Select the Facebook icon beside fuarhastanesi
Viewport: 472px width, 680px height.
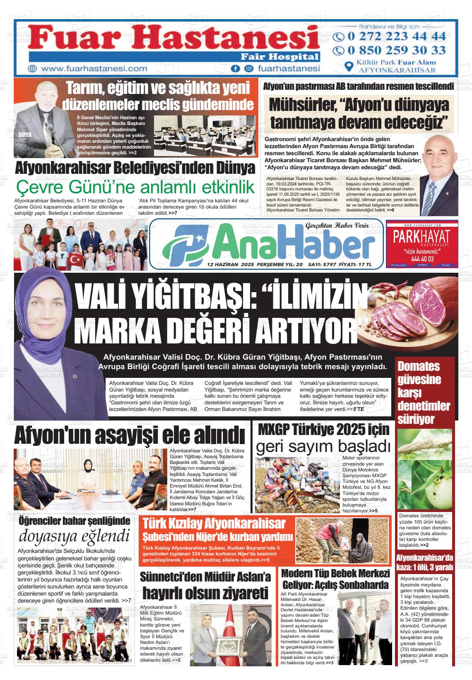pos(235,69)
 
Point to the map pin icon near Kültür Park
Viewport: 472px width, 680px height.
pos(349,67)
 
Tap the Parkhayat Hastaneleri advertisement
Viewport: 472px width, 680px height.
pos(421,244)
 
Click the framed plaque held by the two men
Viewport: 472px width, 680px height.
pos(227,641)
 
